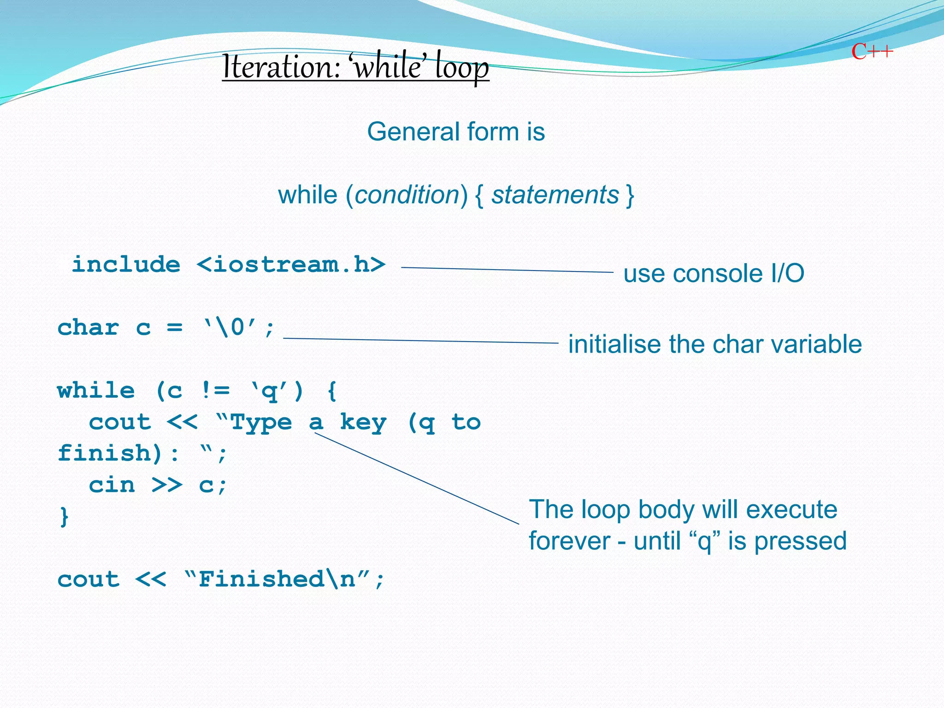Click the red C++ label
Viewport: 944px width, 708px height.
tap(872, 52)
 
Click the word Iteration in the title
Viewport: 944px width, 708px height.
tap(280, 67)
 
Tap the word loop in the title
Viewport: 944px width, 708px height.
tap(462, 68)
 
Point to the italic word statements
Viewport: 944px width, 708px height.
tap(555, 195)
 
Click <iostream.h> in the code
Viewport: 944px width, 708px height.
tap(291, 265)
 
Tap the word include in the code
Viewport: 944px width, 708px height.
tap(126, 265)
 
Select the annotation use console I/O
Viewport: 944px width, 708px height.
tap(714, 273)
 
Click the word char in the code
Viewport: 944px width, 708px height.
tap(88, 328)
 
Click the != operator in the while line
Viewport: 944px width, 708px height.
tap(215, 391)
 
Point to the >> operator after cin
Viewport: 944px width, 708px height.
tap(167, 485)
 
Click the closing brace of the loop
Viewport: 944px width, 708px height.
tap(64, 516)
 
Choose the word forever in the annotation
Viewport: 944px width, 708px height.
tap(569, 541)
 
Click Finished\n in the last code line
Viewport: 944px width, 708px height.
tap(277, 579)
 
